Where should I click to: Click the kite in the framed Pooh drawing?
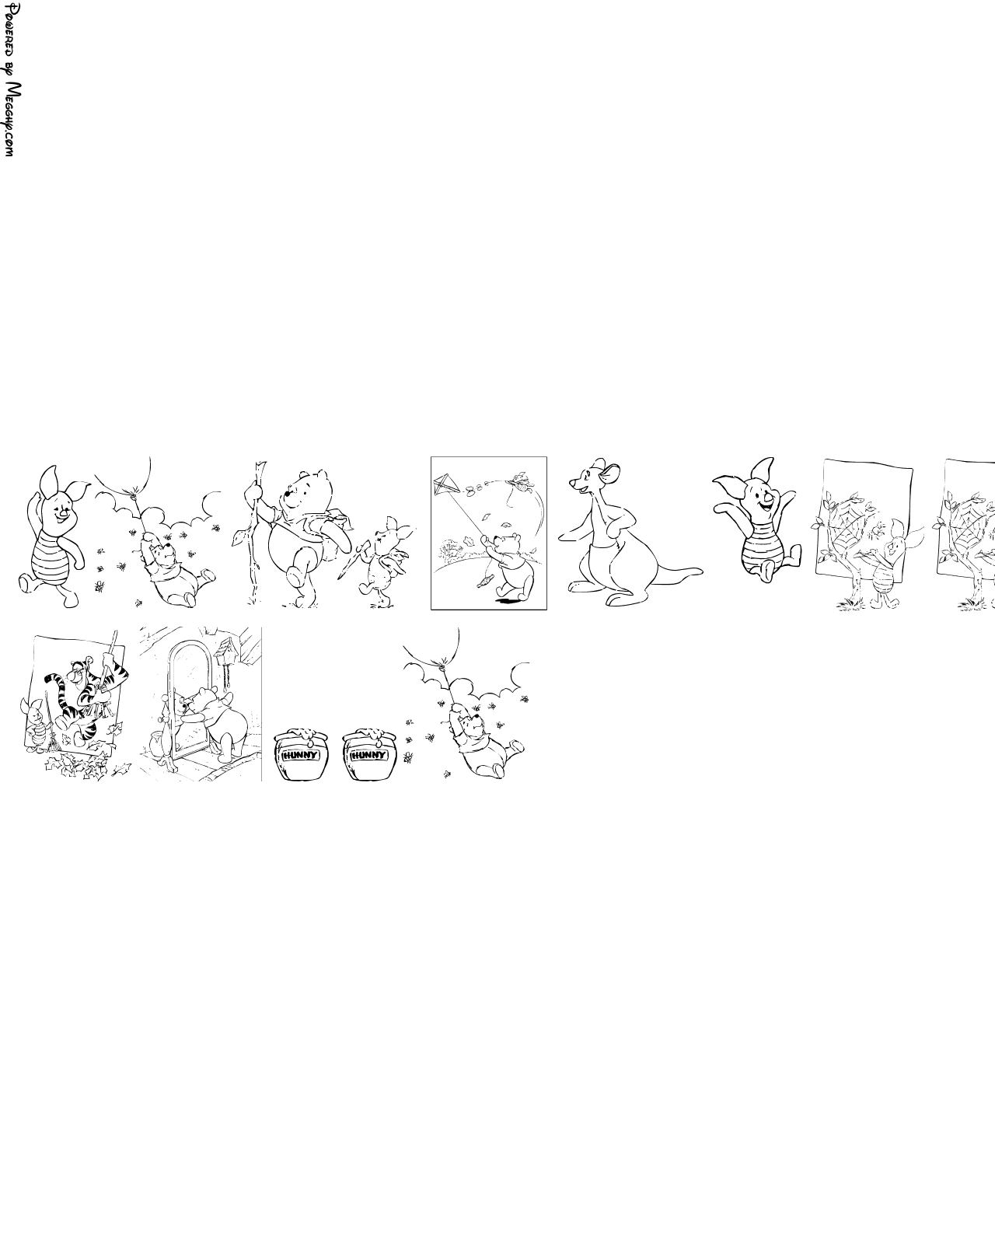point(445,484)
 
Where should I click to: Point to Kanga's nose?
point(572,483)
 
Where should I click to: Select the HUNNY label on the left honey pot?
point(300,755)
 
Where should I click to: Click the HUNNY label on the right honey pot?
point(369,755)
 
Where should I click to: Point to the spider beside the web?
point(879,526)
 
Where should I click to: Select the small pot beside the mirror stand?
point(155,740)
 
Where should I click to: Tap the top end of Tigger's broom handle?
point(116,631)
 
